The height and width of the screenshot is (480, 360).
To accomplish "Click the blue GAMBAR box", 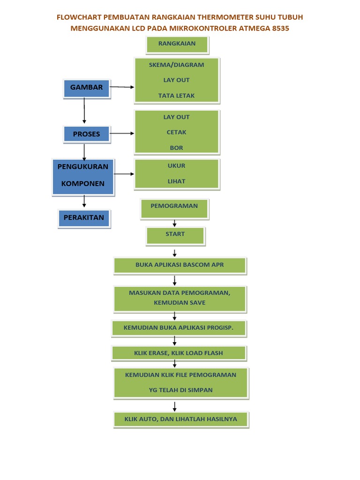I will [86, 88].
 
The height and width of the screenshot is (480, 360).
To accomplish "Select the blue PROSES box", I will [86, 134].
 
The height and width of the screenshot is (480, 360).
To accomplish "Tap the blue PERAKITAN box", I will [84, 218].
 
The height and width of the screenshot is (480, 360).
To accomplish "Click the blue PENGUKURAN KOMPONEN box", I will [83, 176].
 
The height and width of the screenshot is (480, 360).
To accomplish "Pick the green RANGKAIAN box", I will [177, 44].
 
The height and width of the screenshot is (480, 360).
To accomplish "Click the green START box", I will [175, 235].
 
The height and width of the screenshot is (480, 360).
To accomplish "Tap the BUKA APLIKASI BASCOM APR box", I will [180, 265].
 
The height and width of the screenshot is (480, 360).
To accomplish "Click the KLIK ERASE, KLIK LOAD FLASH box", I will [179, 353].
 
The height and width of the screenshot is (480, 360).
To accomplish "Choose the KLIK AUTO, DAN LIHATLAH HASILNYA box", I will [180, 419].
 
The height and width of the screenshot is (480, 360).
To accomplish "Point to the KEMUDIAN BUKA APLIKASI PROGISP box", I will [178, 328].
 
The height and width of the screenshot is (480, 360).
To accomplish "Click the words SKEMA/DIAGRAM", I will [176, 65].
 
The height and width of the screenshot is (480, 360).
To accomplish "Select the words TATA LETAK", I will [176, 96].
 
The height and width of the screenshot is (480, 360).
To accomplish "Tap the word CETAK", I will [176, 132].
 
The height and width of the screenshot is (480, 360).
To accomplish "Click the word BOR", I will [176, 148].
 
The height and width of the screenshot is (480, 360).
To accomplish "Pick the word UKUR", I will [176, 166].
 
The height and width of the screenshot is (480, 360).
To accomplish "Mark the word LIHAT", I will [176, 181].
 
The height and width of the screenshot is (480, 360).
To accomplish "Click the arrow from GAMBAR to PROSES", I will [84, 111].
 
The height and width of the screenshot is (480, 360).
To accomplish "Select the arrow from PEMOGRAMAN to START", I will [174, 223].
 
